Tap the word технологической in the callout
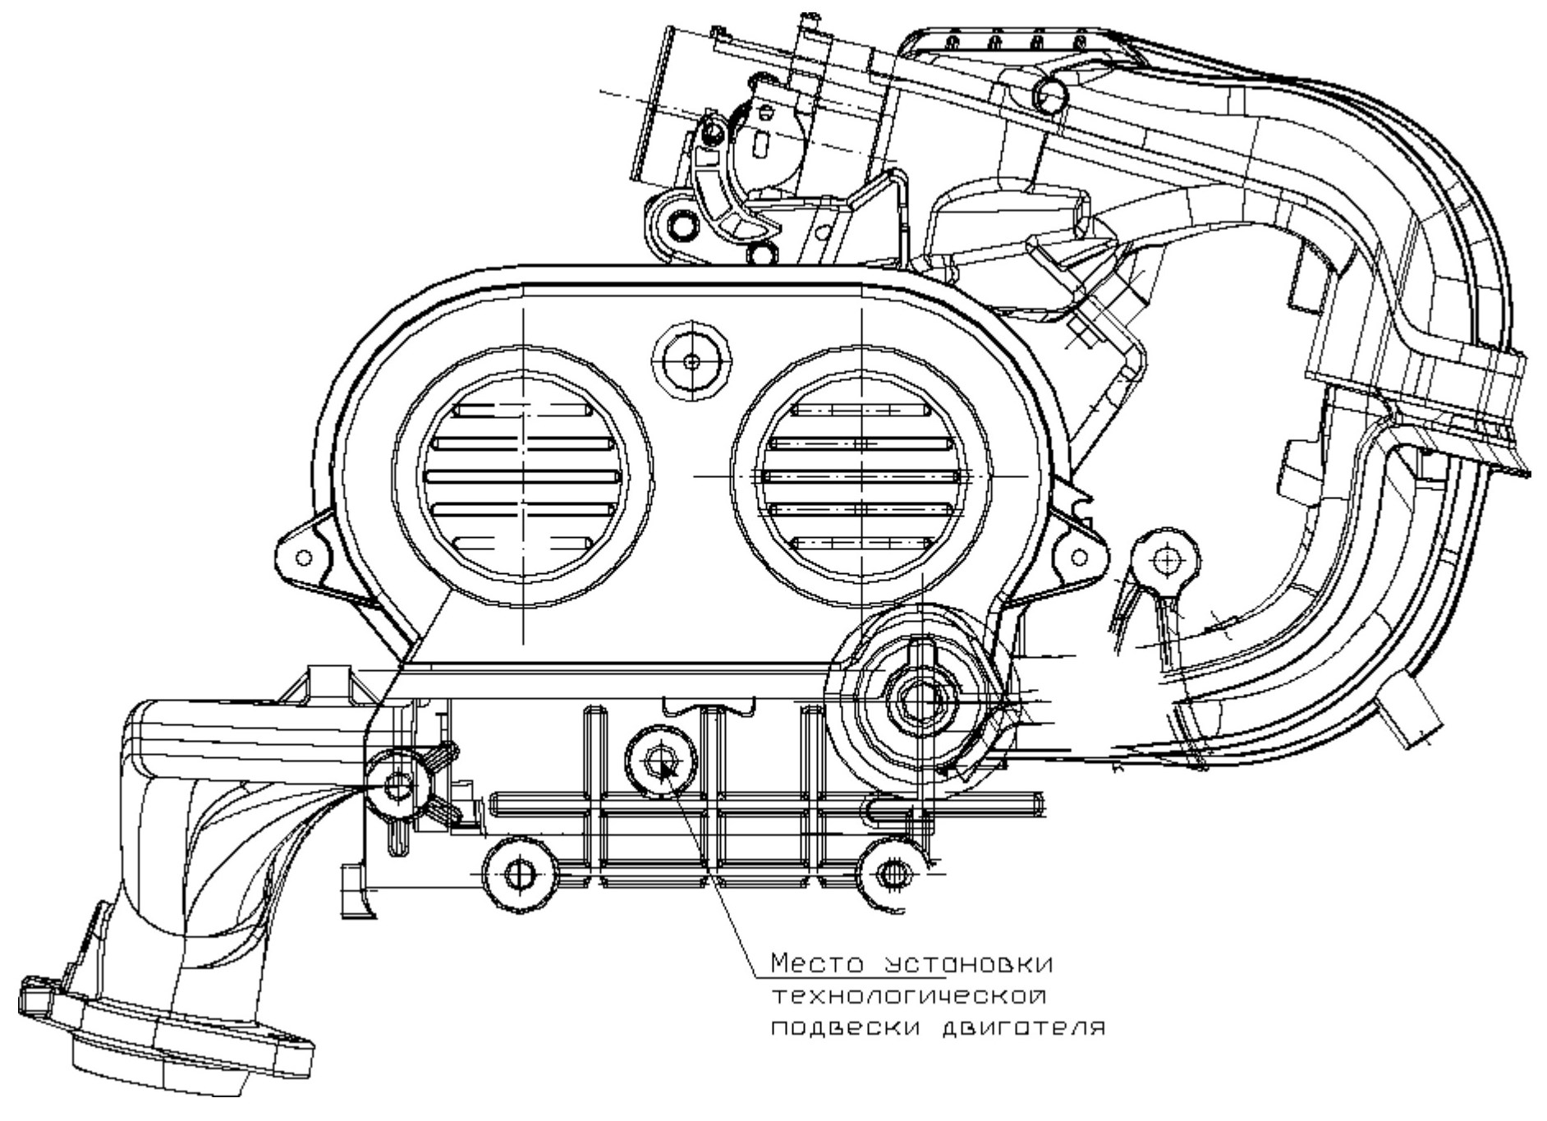910,996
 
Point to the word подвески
840,1028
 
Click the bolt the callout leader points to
660,761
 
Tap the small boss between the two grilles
691,361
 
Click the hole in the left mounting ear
304,558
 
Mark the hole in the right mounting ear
1081,558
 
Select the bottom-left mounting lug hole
517,874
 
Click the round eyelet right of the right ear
1165,560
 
